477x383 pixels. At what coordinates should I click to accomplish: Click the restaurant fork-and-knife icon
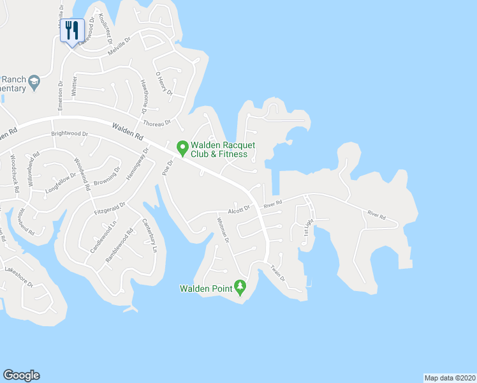[72, 29]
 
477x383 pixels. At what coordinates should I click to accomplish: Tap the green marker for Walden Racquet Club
[182, 148]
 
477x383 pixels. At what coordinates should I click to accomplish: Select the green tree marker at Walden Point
[240, 287]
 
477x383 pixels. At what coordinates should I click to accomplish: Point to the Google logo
[21, 375]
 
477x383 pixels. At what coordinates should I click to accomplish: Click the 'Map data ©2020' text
[450, 377]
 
